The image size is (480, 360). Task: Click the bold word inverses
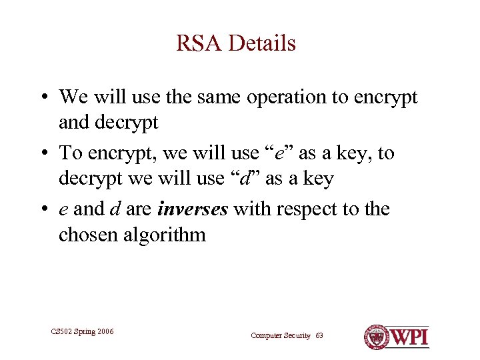[x=193, y=209]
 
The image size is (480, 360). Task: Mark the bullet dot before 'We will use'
[x=42, y=98]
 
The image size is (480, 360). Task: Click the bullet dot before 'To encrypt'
[x=42, y=154]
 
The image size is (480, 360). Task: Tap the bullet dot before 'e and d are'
[x=42, y=210]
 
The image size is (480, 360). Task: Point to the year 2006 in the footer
[x=104, y=331]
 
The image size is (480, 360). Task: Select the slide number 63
[x=319, y=335]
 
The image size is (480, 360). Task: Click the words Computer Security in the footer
[x=280, y=335]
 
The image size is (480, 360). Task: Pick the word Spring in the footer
[x=84, y=331]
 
